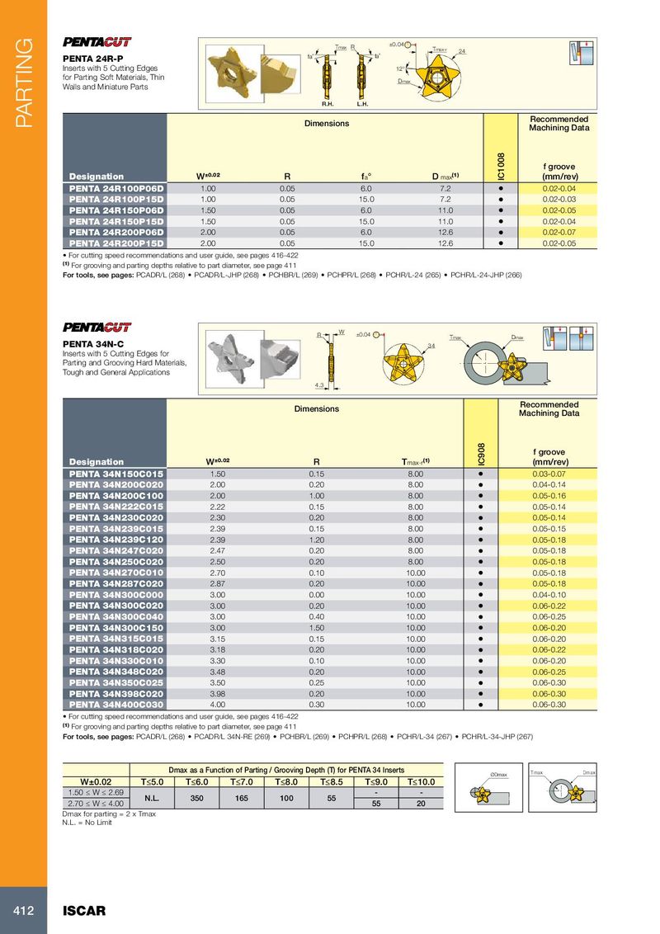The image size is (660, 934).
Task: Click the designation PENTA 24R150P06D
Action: pos(116,210)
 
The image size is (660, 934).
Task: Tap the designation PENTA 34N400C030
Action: pos(116,705)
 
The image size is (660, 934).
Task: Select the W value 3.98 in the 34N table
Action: pos(218,694)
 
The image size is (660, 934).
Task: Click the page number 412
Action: pos(22,911)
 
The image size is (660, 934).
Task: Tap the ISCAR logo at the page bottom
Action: pos(85,911)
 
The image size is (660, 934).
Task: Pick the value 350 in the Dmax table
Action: pos(197,798)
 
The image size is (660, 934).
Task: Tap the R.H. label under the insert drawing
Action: pos(328,105)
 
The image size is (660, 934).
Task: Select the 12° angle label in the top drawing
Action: pos(399,69)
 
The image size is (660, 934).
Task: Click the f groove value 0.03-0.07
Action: pos(549,474)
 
